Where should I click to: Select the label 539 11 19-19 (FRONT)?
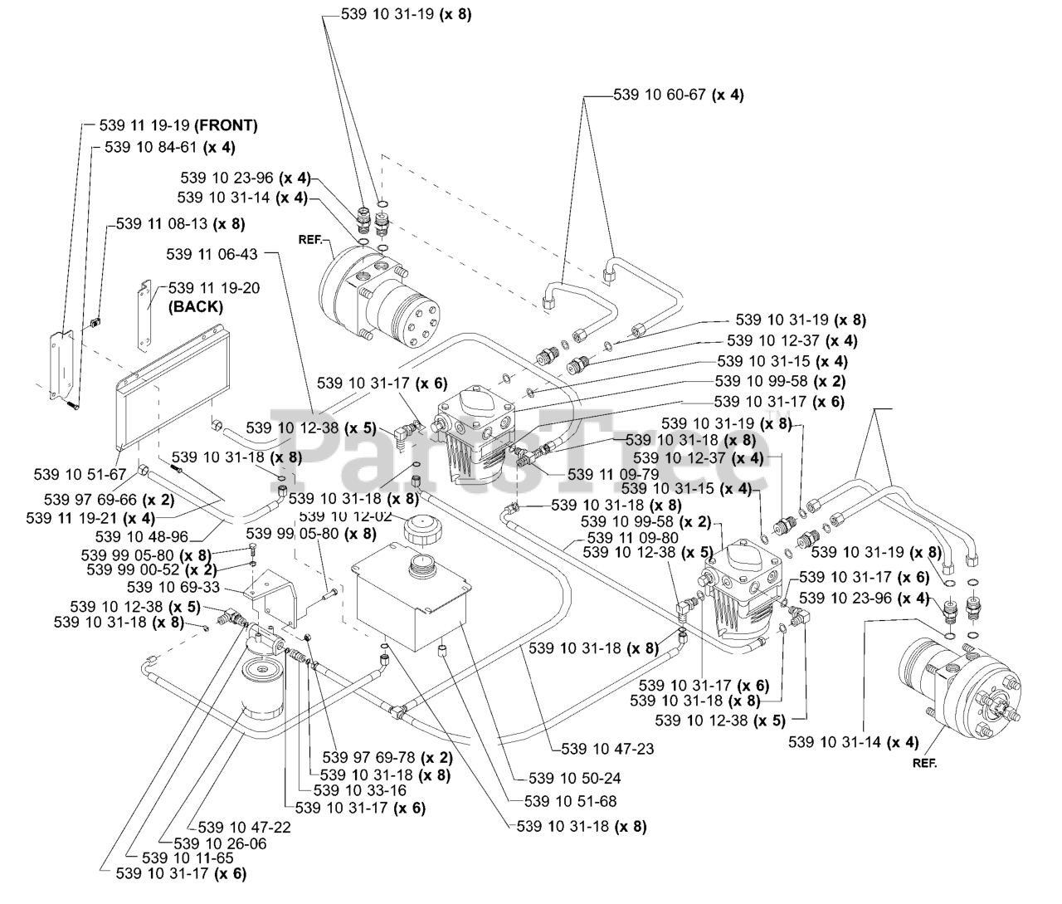pos(178,126)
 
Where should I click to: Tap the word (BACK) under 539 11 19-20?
pos(196,306)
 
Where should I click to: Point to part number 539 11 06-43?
pos(212,254)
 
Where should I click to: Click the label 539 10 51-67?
pos(80,474)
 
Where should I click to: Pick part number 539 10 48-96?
pos(142,536)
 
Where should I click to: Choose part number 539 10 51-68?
pos(570,801)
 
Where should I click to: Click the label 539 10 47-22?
pos(245,827)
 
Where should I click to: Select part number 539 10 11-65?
pos(189,858)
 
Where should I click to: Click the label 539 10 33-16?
pos(361,790)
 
